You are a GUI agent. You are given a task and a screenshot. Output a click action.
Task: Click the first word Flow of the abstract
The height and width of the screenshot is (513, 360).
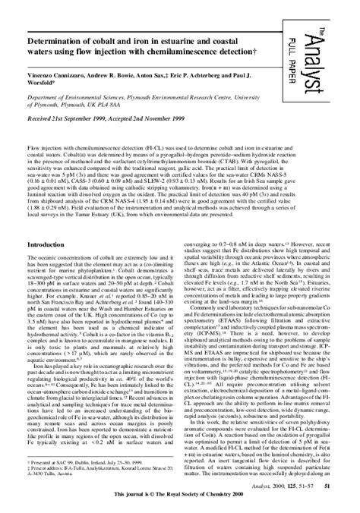click(33, 143)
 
